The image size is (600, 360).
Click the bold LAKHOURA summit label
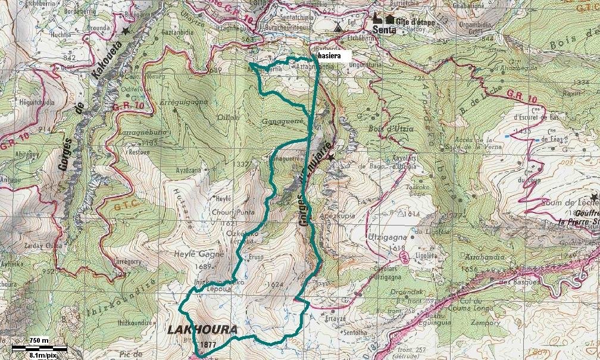[x=202, y=330]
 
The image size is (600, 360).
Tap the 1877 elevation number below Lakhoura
[x=208, y=345]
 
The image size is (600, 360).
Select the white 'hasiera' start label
[x=330, y=55]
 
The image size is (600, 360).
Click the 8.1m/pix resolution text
[x=43, y=355]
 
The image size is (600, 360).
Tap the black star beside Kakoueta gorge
[x=125, y=30]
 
